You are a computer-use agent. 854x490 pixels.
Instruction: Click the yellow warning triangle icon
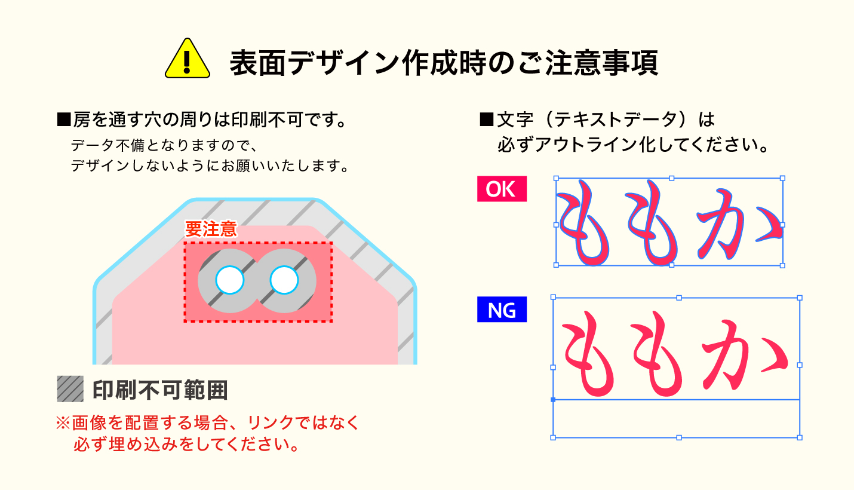coord(188,60)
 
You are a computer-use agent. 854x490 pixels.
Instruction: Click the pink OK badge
coord(502,189)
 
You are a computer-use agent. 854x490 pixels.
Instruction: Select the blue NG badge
coord(502,310)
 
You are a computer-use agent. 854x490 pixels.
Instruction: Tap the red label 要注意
coord(211,229)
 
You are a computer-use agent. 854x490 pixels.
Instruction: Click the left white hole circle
coord(230,279)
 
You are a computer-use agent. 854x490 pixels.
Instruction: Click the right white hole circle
coord(284,280)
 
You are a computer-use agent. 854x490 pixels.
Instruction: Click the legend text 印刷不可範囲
coord(160,390)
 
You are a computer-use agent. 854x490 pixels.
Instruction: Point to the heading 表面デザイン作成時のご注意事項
coord(444,62)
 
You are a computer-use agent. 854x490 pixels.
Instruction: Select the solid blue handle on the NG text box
coord(553,399)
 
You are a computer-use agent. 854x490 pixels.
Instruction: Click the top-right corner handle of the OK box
coord(782,178)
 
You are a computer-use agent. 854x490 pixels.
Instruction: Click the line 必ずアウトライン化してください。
coord(632,145)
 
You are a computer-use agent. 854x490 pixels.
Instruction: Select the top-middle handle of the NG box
coord(679,298)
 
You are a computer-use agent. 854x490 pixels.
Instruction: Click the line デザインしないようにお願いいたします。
coord(209,166)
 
